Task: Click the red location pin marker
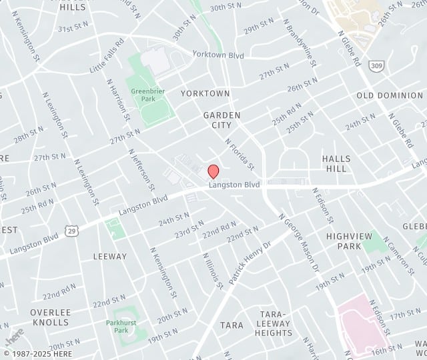(213, 171)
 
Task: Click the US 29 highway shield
(71, 230)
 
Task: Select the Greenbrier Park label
(143, 95)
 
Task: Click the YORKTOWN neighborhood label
(205, 93)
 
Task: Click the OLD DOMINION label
(390, 95)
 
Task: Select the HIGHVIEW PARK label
(344, 241)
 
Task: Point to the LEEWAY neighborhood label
(110, 256)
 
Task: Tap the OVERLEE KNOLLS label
(49, 317)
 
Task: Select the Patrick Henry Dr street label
(250, 263)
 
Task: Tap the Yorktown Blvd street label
(218, 54)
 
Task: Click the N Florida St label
(241, 153)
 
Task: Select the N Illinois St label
(213, 269)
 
